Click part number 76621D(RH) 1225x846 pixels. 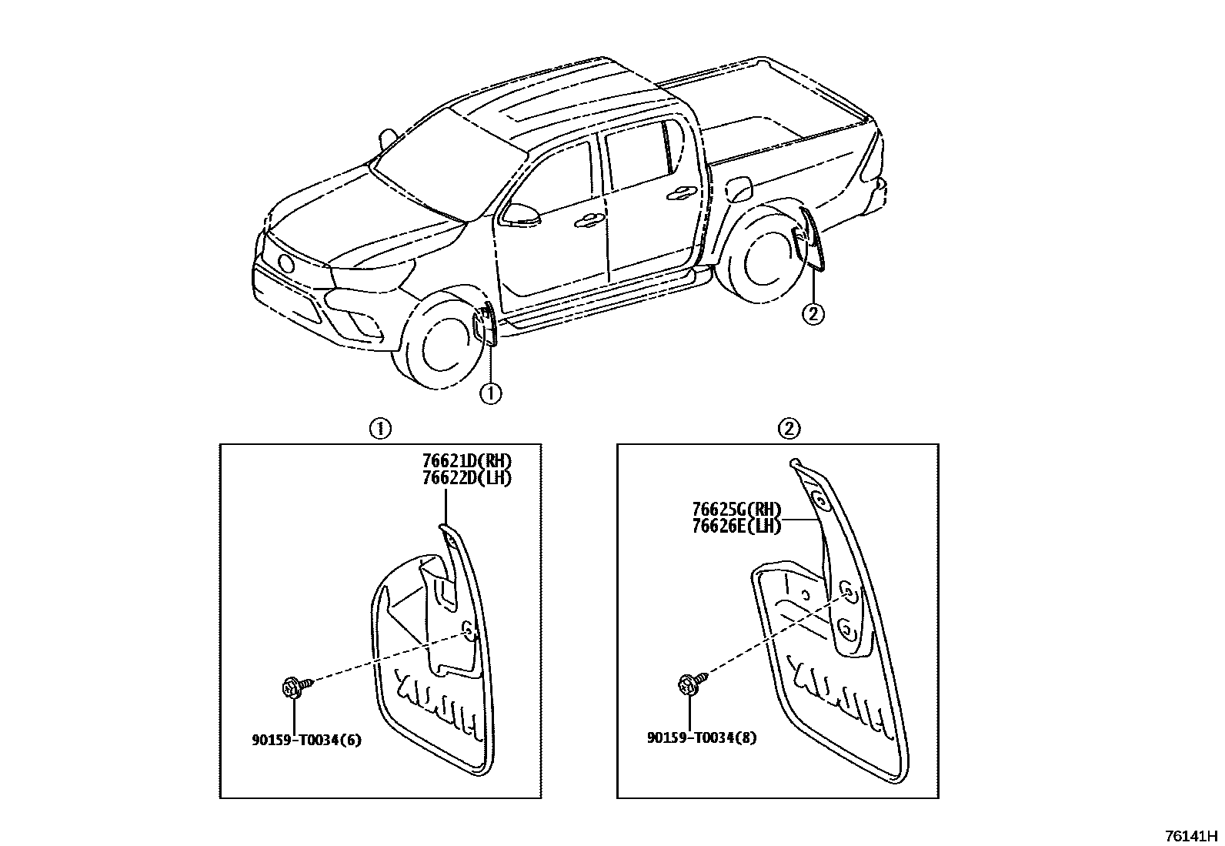466,461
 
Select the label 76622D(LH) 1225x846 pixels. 466,477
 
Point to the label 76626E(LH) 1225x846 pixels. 736,527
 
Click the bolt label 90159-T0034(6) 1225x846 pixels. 306,741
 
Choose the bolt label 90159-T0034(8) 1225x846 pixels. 702,737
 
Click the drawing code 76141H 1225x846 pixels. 1191,835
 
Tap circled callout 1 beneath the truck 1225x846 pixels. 490,393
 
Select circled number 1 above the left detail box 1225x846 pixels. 379,429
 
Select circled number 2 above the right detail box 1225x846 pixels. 790,429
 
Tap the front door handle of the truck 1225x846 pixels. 589,221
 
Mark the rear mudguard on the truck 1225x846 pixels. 809,239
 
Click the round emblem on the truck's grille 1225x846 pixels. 286,264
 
